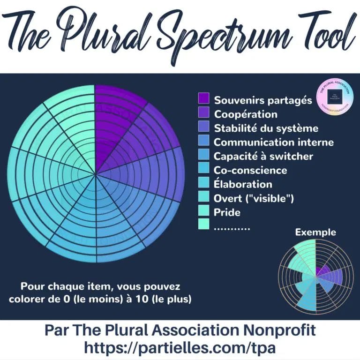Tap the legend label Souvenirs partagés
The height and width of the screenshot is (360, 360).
[x=262, y=100]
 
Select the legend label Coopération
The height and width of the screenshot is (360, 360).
[x=246, y=114]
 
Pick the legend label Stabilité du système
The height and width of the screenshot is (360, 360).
[x=266, y=128]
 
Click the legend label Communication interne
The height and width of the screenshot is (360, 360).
[x=274, y=142]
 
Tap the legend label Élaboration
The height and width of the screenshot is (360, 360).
[x=243, y=184]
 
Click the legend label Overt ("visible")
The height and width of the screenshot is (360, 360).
[x=254, y=198]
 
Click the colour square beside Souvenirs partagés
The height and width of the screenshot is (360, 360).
[x=203, y=98]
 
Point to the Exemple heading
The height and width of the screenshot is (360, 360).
[x=315, y=232]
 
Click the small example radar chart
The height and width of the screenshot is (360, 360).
[x=316, y=276]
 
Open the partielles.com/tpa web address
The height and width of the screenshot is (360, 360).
[x=180, y=347]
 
